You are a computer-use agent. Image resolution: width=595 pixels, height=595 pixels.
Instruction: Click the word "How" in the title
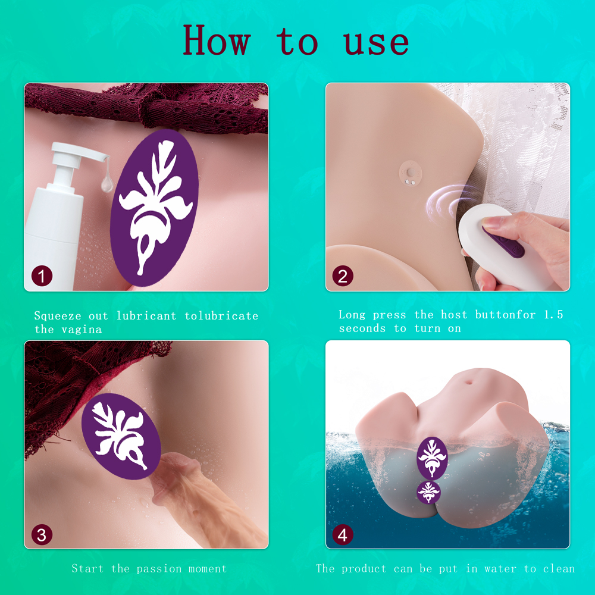coord(217,40)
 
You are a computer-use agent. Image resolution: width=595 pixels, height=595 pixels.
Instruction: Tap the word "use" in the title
coord(376,42)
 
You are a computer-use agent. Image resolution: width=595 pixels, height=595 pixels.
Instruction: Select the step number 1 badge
coord(42,275)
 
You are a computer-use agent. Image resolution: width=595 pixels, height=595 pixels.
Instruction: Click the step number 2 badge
coord(343,275)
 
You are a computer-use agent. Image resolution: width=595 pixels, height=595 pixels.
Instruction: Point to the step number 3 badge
coord(42,535)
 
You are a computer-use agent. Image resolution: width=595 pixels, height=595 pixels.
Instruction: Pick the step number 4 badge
coord(343,535)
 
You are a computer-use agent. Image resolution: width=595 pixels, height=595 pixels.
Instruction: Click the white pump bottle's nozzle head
coord(79,152)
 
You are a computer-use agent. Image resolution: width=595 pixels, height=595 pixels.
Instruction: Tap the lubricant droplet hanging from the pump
coord(107,184)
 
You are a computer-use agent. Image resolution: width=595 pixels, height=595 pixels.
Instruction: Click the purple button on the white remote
coord(503,240)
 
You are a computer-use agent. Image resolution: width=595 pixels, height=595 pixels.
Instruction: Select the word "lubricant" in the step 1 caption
coord(146,316)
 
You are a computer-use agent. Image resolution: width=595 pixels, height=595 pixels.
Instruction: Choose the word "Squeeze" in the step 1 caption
coord(58,316)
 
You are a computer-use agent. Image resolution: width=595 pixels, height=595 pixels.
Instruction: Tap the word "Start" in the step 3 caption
coord(87,568)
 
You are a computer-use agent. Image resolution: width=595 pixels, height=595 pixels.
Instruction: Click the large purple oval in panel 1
coord(154,208)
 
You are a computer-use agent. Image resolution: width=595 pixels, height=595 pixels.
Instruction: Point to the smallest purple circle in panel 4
coord(429,492)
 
